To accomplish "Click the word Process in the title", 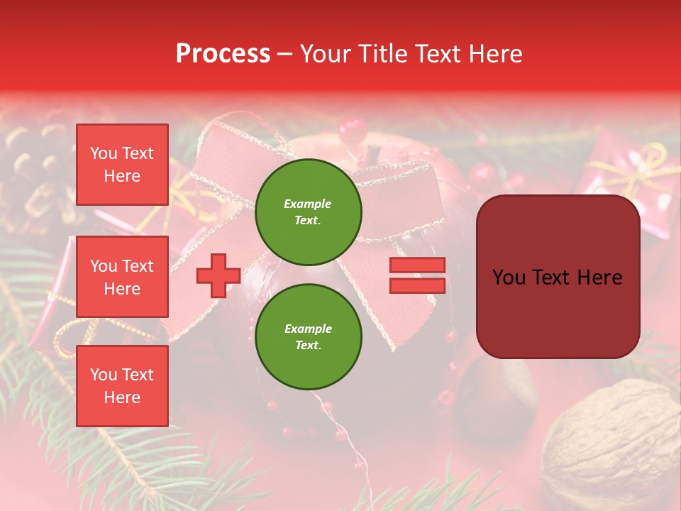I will pos(223,54).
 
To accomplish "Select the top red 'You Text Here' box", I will pos(122,165).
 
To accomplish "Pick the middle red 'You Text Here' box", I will pos(122,277).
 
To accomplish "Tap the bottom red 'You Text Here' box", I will pos(122,386).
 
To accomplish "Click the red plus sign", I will pos(218,276).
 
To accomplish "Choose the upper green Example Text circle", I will pos(309,212).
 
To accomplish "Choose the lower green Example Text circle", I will pos(309,337).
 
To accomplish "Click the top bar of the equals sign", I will pos(417,265).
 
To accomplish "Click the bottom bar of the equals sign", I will pos(417,286).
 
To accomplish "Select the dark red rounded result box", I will pos(558,277).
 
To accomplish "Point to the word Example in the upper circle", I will pos(308,204).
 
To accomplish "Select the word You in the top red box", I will pos(104,153).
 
